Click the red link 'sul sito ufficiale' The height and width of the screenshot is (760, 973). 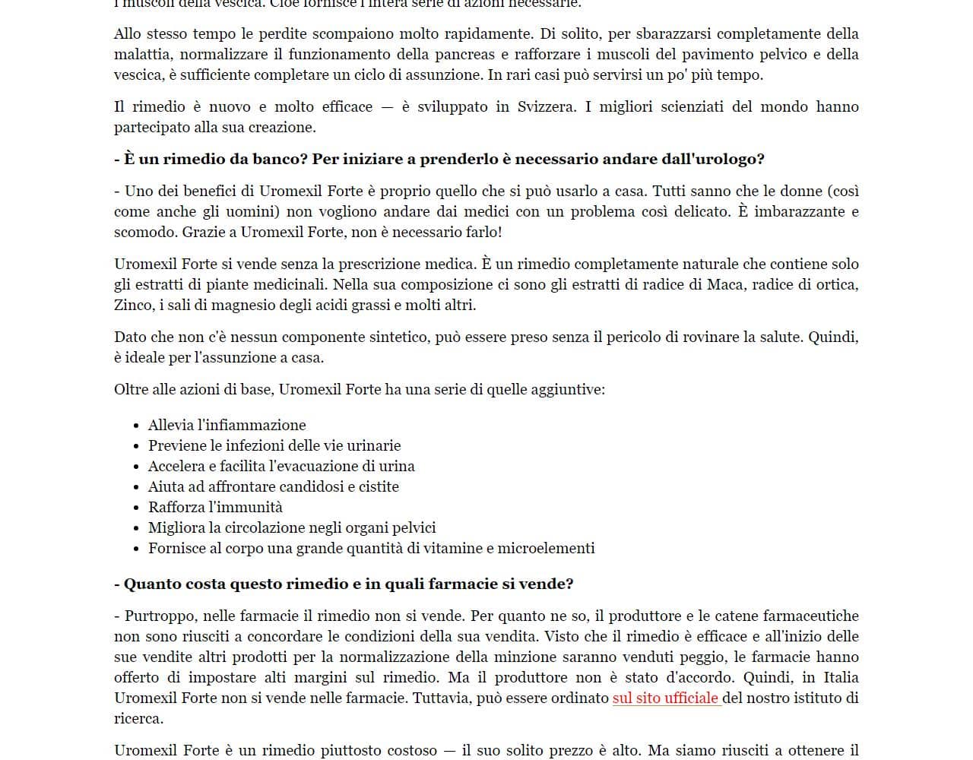pyautogui.click(x=665, y=698)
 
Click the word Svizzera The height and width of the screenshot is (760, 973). pyautogui.click(x=546, y=106)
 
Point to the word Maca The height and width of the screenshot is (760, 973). pyautogui.click(x=725, y=284)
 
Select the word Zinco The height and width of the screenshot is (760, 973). pyautogui.click(x=133, y=305)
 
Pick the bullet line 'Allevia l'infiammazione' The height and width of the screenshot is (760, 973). pyautogui.click(x=227, y=425)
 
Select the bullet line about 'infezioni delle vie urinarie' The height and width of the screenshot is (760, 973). pyautogui.click(x=274, y=445)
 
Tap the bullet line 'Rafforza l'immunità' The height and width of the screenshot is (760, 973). pyautogui.click(x=215, y=507)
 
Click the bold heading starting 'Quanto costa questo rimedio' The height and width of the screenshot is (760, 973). pyautogui.click(x=344, y=584)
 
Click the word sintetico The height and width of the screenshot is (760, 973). pyautogui.click(x=396, y=337)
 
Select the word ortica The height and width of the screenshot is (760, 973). pyautogui.click(x=837, y=284)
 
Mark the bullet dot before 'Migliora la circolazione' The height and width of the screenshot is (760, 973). pyautogui.click(x=136, y=528)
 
